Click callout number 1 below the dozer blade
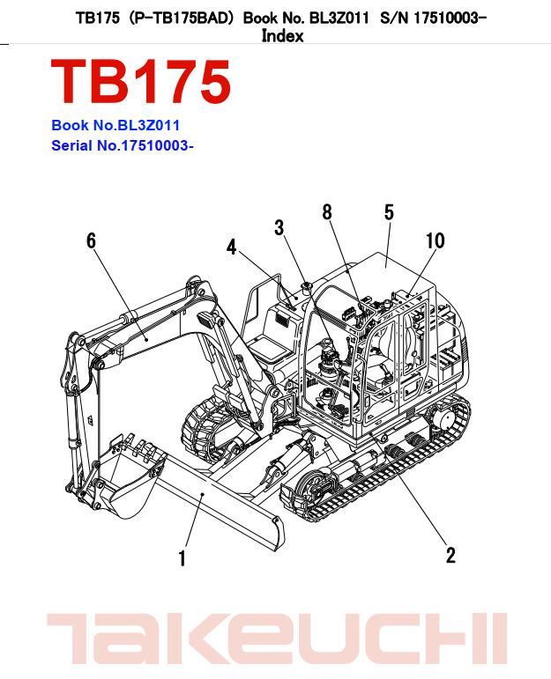(182, 558)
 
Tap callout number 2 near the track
(450, 555)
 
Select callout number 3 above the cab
(279, 228)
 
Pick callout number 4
(232, 247)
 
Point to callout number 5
(389, 212)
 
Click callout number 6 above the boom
(91, 240)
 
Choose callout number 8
(327, 211)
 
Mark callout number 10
(435, 240)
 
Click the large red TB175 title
(141, 83)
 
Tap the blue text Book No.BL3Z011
(115, 126)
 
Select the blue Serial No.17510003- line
(123, 145)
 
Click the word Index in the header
(282, 36)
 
